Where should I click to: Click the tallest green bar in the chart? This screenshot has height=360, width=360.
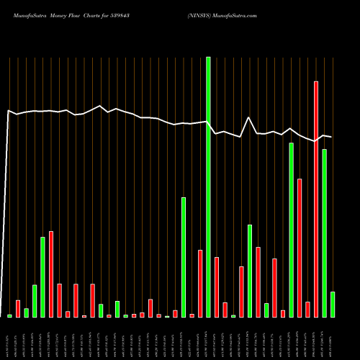point(208,187)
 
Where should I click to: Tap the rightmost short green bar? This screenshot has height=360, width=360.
point(333,305)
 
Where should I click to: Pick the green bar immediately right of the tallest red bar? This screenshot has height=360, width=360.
point(325,233)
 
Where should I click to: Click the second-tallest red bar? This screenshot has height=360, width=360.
point(300,248)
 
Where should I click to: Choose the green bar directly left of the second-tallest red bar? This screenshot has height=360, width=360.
point(292,230)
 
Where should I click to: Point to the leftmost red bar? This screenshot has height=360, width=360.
point(18,309)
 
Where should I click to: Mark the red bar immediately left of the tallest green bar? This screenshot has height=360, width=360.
point(200,284)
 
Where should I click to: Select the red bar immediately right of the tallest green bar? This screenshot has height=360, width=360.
point(217,287)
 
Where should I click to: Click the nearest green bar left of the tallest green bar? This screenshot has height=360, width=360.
point(184,257)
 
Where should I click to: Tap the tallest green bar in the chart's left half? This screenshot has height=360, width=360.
point(42,277)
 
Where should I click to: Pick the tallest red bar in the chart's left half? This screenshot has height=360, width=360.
point(51,274)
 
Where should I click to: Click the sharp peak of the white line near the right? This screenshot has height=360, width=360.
point(249,117)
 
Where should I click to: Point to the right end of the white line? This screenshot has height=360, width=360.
point(331,137)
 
